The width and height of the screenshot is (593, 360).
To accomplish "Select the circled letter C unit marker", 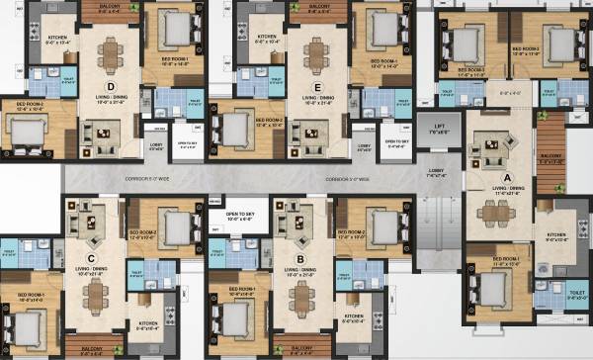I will pyautogui.click(x=91, y=261).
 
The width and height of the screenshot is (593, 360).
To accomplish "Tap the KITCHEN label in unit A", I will pyautogui.click(x=560, y=236).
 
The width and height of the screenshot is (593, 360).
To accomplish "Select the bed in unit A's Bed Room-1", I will pyautogui.click(x=491, y=289).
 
